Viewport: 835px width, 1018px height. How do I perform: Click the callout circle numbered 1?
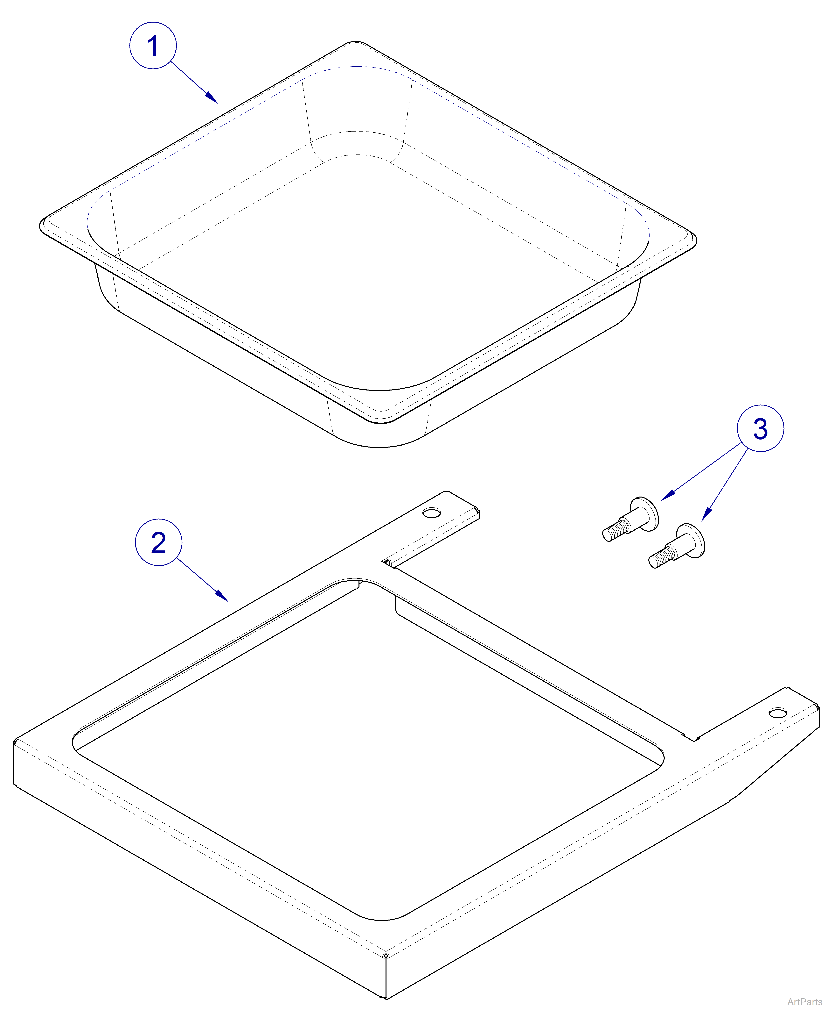tap(153, 46)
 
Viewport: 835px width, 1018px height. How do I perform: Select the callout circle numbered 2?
tap(159, 542)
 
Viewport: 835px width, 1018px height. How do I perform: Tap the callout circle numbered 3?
tap(761, 428)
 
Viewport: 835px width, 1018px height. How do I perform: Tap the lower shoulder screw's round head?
tap(694, 540)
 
